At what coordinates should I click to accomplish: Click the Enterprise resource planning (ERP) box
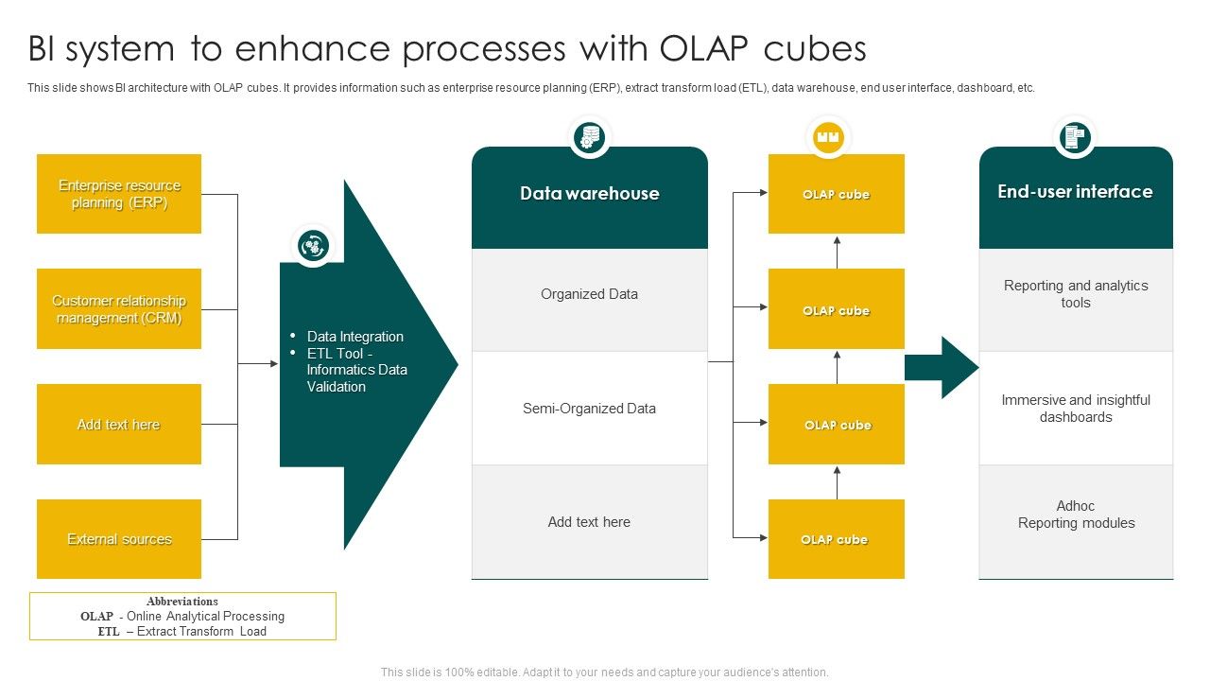[119, 194]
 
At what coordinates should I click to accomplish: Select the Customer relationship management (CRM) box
[119, 309]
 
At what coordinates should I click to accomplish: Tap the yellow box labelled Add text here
[119, 425]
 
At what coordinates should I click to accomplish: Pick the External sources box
[119, 539]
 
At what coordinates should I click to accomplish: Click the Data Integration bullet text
[354, 337]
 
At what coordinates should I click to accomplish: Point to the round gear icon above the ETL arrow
[313, 246]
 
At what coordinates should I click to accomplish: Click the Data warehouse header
[589, 195]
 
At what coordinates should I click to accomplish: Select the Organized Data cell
[589, 295]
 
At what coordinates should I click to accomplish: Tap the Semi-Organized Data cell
[589, 409]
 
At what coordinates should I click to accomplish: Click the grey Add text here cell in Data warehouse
[589, 522]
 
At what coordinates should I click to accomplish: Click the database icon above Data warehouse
[590, 137]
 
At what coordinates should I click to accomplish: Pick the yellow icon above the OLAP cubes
[828, 137]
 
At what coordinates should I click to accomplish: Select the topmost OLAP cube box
[836, 194]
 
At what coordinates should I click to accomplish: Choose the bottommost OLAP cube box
[836, 539]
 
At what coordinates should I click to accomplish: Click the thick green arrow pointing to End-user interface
[940, 367]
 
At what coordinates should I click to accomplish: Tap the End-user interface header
[1076, 193]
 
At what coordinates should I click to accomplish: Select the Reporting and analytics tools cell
[1076, 294]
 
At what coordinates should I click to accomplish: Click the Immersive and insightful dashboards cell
[1076, 409]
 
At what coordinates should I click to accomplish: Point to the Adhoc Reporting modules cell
[1076, 515]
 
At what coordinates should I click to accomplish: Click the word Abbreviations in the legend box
[182, 602]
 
